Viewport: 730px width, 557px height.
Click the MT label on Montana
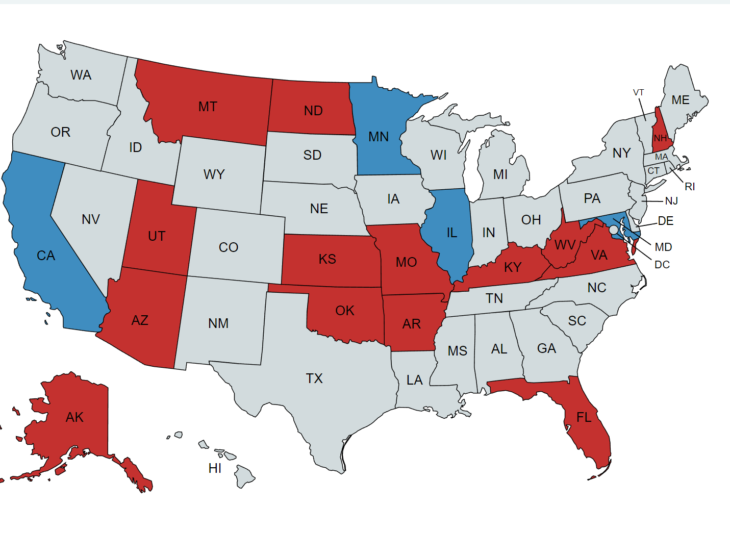[208, 107]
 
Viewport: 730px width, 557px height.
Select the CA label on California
[46, 256]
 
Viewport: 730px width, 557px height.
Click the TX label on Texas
[314, 378]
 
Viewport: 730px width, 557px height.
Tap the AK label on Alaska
[74, 417]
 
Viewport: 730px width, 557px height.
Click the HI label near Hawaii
[215, 468]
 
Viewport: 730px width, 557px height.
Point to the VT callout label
[639, 92]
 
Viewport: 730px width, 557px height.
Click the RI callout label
[690, 187]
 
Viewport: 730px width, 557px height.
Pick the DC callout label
[662, 265]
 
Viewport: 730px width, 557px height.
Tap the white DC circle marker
[613, 230]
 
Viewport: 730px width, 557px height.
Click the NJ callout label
[671, 201]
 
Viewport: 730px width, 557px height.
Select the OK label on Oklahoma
[345, 311]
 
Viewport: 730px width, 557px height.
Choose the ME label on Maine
[681, 100]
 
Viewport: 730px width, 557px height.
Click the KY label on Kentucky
[513, 267]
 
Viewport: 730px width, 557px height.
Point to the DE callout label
[666, 221]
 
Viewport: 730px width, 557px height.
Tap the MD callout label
[663, 247]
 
